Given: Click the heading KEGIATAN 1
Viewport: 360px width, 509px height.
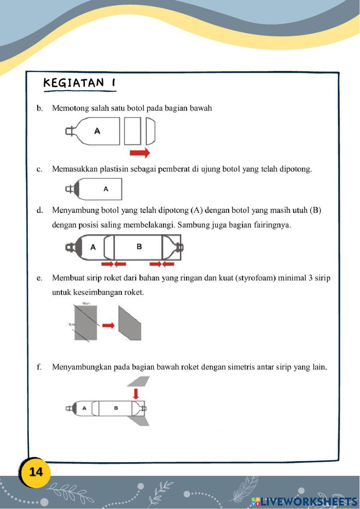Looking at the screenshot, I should click(79, 83).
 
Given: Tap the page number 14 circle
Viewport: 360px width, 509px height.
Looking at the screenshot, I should click(36, 472).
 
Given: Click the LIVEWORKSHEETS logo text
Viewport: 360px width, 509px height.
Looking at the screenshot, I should click(308, 501).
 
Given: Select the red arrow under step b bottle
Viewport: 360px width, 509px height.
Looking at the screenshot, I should click(140, 153).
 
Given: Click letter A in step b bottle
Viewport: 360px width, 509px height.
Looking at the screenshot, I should click(97, 131).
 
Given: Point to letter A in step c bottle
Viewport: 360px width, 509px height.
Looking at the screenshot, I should click(106, 189).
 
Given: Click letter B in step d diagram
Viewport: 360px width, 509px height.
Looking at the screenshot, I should click(139, 247).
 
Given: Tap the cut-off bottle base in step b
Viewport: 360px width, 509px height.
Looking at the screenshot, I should click(150, 131).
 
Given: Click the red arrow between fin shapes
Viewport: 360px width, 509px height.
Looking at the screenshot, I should click(108, 325).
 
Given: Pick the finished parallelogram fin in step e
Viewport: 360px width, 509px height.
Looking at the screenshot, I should click(130, 323).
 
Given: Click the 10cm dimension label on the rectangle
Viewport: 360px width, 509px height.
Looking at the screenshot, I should click(86, 304).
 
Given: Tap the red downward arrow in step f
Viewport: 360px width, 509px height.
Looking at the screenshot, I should click(136, 393).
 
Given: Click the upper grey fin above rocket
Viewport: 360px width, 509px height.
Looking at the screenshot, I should click(139, 381).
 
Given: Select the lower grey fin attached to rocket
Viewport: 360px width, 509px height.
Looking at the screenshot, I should click(140, 420).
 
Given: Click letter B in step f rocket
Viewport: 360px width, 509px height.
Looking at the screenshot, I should click(116, 408).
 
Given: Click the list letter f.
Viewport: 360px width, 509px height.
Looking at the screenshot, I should click(39, 367).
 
